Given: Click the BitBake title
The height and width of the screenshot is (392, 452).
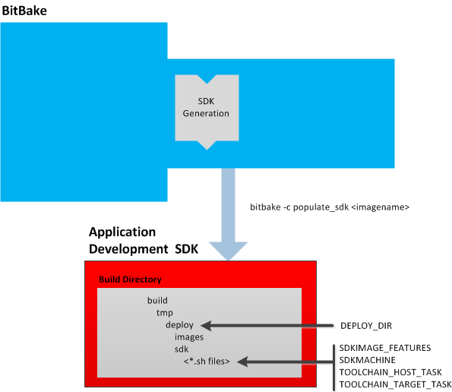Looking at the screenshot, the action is point(24,11).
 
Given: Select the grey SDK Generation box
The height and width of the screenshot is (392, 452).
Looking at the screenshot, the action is point(207,112).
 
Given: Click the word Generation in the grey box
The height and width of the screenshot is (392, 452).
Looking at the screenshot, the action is point(206,113).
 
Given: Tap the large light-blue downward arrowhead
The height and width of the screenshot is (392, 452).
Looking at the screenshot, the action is point(229,251).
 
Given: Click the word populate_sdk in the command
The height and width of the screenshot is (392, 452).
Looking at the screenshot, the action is point(321,207).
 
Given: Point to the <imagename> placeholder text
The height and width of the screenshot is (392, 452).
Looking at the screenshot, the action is point(381,207).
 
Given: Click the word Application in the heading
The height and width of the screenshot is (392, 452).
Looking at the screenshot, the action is point(122,232).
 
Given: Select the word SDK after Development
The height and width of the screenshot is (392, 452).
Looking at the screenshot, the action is point(187,249).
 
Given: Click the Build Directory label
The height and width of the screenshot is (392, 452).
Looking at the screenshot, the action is point(130,280).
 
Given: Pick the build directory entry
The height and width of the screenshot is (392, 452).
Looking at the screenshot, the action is point(157,300).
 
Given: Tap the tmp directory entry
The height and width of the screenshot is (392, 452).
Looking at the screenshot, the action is point(165,313).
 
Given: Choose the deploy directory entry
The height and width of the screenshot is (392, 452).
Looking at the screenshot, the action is point(179,325).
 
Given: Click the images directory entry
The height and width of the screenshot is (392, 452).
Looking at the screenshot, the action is point(189,337).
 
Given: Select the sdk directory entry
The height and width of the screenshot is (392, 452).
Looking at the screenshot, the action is point(182,349).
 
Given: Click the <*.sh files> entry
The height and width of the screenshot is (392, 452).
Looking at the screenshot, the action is point(207,362).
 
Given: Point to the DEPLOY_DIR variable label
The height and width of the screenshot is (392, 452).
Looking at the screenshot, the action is point(366,326).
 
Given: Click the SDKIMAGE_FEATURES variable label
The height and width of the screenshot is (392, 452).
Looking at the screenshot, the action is point(385,348).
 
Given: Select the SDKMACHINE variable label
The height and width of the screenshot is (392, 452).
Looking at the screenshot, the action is point(367,360).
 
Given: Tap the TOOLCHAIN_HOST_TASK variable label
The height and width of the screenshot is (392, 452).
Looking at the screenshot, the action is point(390,372).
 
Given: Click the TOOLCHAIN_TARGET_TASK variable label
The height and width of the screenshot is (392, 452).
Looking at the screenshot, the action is point(395,384).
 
